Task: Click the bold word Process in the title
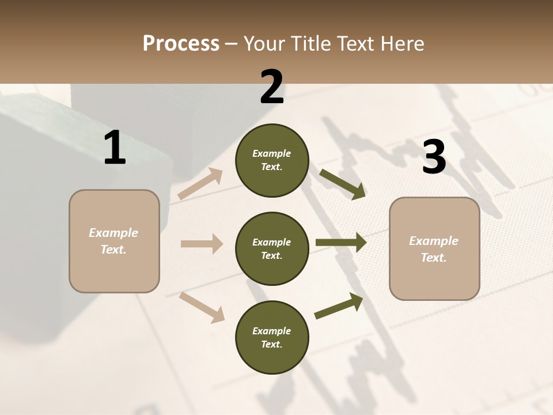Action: [181, 43]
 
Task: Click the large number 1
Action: [115, 148]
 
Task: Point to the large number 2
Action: [272, 87]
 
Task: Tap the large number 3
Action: [434, 157]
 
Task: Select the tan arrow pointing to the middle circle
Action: [202, 244]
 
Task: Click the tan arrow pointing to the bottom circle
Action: [202, 307]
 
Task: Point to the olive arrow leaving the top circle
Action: [343, 184]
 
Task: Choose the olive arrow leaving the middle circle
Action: [341, 243]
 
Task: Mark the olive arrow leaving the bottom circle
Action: [339, 305]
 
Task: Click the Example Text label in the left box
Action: [113, 241]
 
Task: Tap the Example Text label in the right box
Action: [434, 249]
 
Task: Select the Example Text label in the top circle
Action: [272, 160]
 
